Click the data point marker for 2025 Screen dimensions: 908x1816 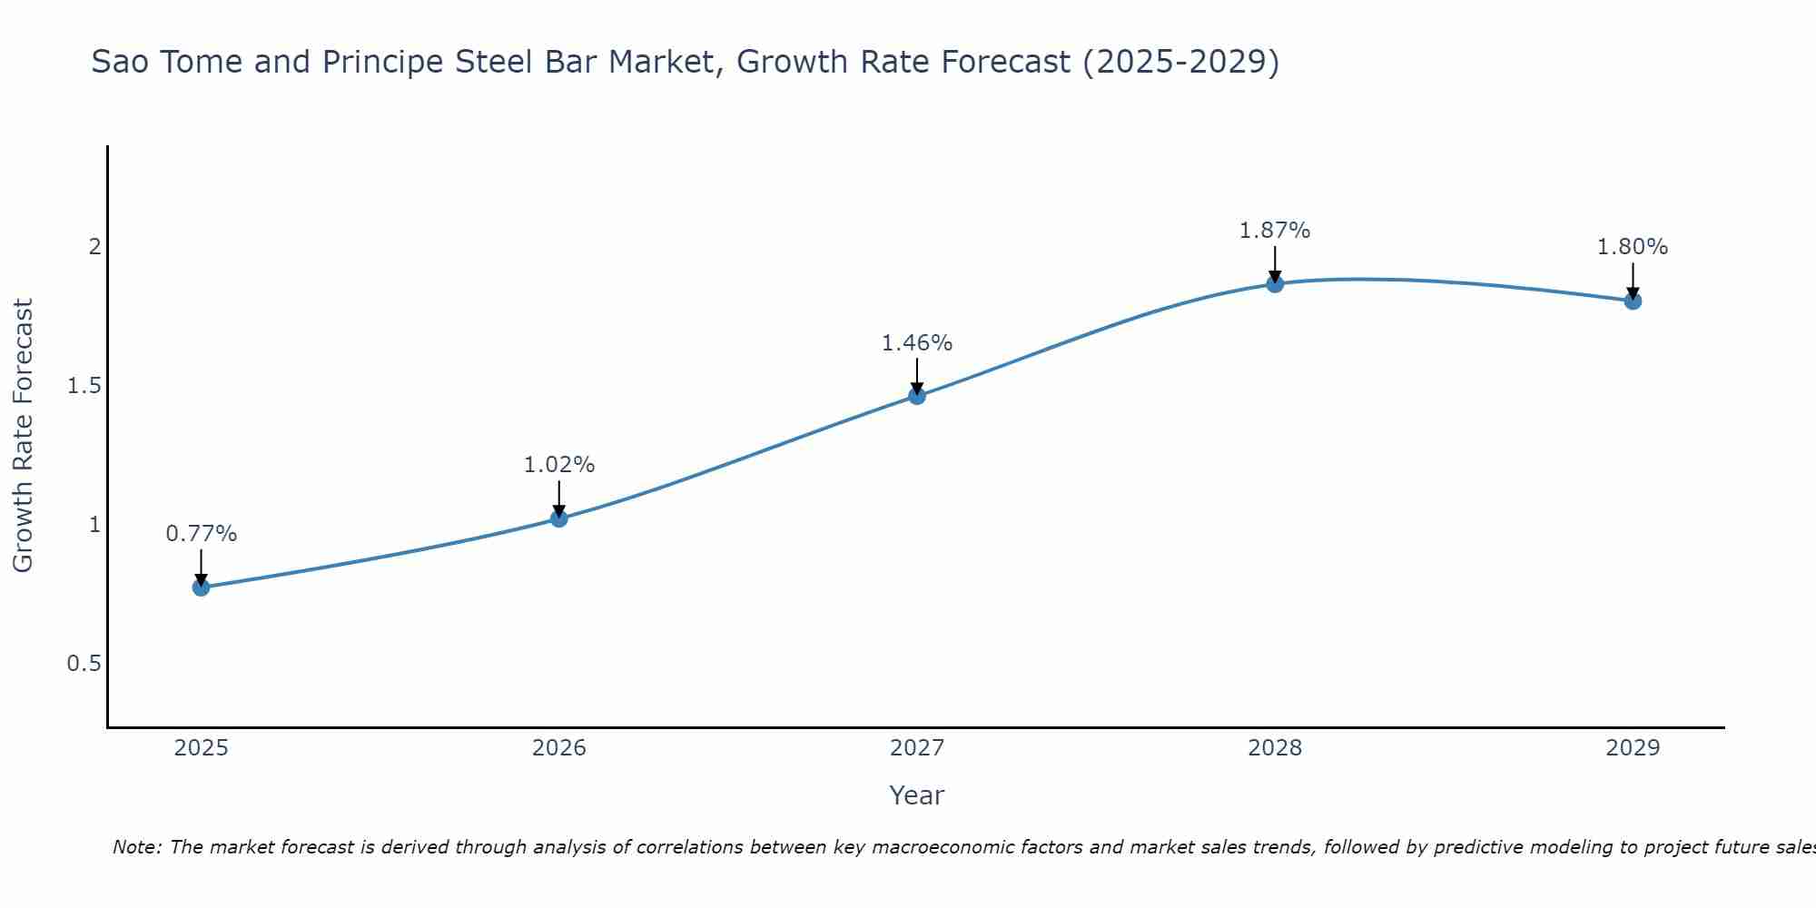[x=201, y=587]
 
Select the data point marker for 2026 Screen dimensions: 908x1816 [x=559, y=518]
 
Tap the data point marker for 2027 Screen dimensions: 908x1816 [x=917, y=396]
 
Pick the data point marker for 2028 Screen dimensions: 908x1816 [x=1275, y=284]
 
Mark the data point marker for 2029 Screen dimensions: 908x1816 [x=1633, y=301]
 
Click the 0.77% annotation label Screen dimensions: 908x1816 [x=201, y=534]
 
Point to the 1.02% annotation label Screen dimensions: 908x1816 [x=559, y=465]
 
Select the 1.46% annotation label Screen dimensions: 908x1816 [x=917, y=343]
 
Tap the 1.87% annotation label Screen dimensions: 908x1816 [x=1275, y=231]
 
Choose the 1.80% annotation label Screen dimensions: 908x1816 [x=1633, y=247]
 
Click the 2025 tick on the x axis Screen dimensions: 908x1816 [x=201, y=748]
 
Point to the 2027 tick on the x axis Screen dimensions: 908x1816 [x=917, y=748]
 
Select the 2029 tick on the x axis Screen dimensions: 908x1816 [x=1633, y=748]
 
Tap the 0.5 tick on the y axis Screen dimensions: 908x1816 [x=84, y=664]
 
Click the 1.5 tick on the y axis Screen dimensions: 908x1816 [x=84, y=386]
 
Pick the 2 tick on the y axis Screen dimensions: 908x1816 [x=94, y=247]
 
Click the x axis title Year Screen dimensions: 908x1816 [x=917, y=795]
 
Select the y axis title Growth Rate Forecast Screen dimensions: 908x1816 [x=24, y=436]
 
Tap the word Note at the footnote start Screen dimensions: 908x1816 [x=136, y=847]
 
